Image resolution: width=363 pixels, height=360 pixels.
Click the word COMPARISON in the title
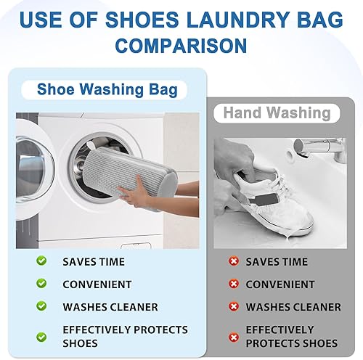181,46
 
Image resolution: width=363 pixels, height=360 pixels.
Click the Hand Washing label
277,113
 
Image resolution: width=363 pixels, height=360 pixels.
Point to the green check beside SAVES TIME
42,261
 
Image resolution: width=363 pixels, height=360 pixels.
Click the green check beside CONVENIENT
42,284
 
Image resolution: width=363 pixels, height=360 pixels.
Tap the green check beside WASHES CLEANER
42,307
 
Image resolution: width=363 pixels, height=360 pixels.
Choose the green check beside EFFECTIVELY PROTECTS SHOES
42,336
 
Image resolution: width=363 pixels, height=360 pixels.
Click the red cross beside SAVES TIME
233,261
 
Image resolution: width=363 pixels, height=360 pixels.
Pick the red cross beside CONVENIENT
233,284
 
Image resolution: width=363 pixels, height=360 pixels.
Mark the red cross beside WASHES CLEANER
233,307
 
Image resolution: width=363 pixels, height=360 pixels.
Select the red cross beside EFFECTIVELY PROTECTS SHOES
233,336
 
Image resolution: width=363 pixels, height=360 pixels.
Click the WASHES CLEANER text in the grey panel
293,307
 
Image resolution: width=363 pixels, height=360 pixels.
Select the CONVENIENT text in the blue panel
97,285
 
